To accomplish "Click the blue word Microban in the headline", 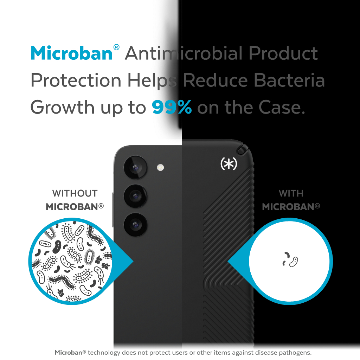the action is coord(72,53).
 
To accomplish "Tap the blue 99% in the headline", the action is coord(172,107).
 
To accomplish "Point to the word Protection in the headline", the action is coord(76,81).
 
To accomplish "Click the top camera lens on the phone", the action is coord(135,167).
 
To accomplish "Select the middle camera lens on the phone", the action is coord(135,196).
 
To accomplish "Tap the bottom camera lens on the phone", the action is coord(135,225).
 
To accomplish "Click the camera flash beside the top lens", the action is coord(160,167).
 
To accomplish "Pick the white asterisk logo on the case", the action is coord(229,163).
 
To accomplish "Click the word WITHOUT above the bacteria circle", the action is coord(75,193).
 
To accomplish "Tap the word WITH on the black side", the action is coord(291,193).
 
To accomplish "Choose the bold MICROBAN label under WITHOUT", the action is coord(75,207).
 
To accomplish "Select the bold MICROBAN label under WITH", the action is coord(291,207).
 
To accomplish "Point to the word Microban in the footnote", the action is coord(69,352).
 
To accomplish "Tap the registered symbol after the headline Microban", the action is coord(116,47).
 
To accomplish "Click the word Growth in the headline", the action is coord(63,107).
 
